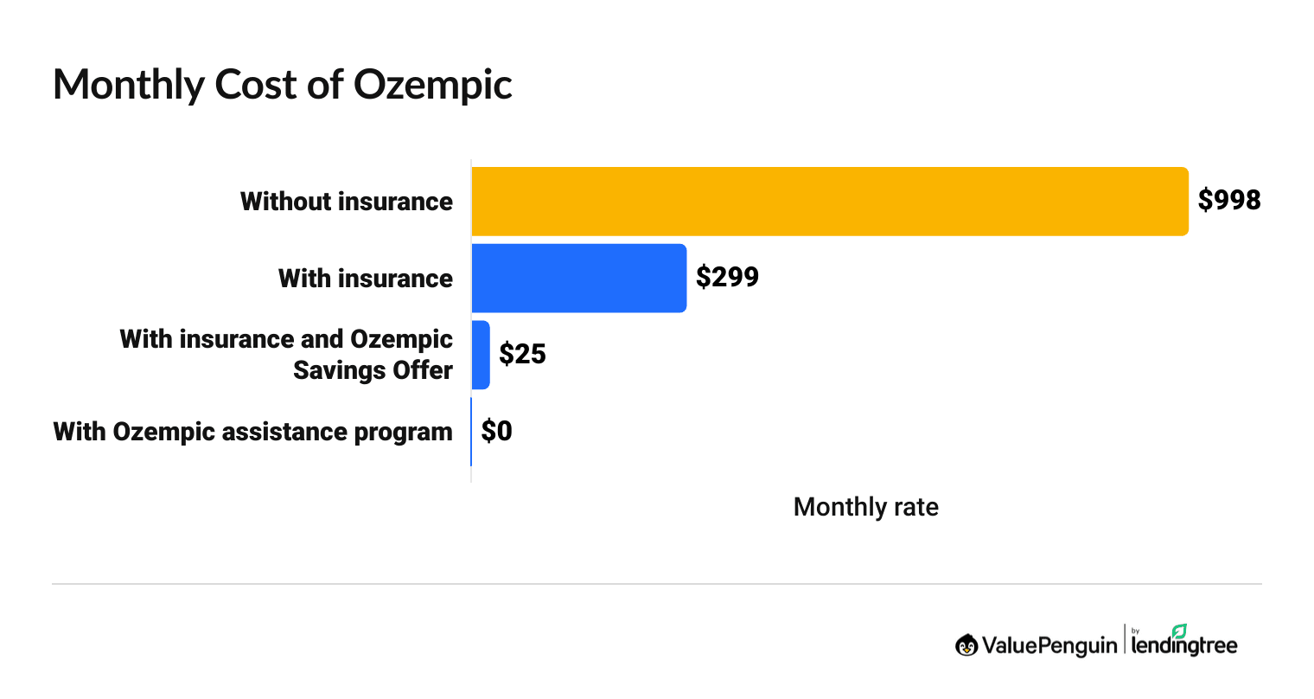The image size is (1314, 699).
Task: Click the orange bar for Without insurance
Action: tap(830, 202)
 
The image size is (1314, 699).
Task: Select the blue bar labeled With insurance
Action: tap(578, 279)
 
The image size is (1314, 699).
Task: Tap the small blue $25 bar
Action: tap(481, 355)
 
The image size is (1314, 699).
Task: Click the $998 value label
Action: tap(1229, 201)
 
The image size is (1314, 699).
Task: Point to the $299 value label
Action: tap(727, 278)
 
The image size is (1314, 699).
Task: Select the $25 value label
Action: tap(522, 354)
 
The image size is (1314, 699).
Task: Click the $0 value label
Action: tap(497, 431)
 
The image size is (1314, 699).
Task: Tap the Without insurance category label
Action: tap(347, 202)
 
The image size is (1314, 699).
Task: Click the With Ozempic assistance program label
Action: tap(253, 432)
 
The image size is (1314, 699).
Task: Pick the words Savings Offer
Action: tap(373, 370)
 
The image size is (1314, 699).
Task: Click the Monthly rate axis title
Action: tap(865, 507)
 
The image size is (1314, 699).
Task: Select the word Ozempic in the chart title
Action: tap(433, 85)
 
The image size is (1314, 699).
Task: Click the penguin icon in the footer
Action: tap(966, 645)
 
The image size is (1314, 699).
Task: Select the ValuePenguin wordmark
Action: tap(1049, 645)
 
